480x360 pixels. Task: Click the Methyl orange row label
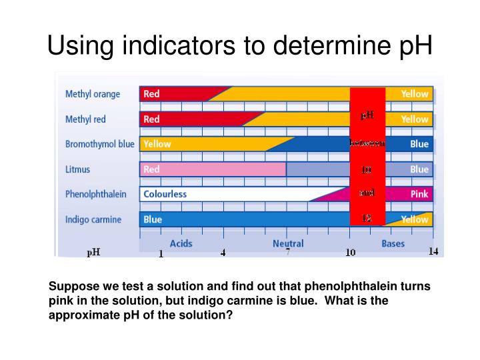click(93, 94)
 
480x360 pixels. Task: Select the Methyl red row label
click(85, 119)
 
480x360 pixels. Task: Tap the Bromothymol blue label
click(99, 144)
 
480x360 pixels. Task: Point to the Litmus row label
click(78, 169)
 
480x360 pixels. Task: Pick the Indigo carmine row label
click(93, 219)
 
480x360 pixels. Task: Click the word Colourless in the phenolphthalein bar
click(165, 194)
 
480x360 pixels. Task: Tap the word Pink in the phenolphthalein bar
click(419, 194)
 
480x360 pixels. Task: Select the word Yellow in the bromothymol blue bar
click(157, 144)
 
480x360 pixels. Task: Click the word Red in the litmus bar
click(152, 169)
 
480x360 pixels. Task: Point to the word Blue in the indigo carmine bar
click(153, 219)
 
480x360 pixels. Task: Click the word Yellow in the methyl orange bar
click(414, 94)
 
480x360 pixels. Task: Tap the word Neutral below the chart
click(288, 243)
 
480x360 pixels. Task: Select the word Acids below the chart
click(181, 243)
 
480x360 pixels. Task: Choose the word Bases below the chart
click(393, 243)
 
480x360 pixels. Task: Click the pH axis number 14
click(433, 251)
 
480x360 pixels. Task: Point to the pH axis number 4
click(223, 253)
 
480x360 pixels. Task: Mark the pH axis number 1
click(161, 253)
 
